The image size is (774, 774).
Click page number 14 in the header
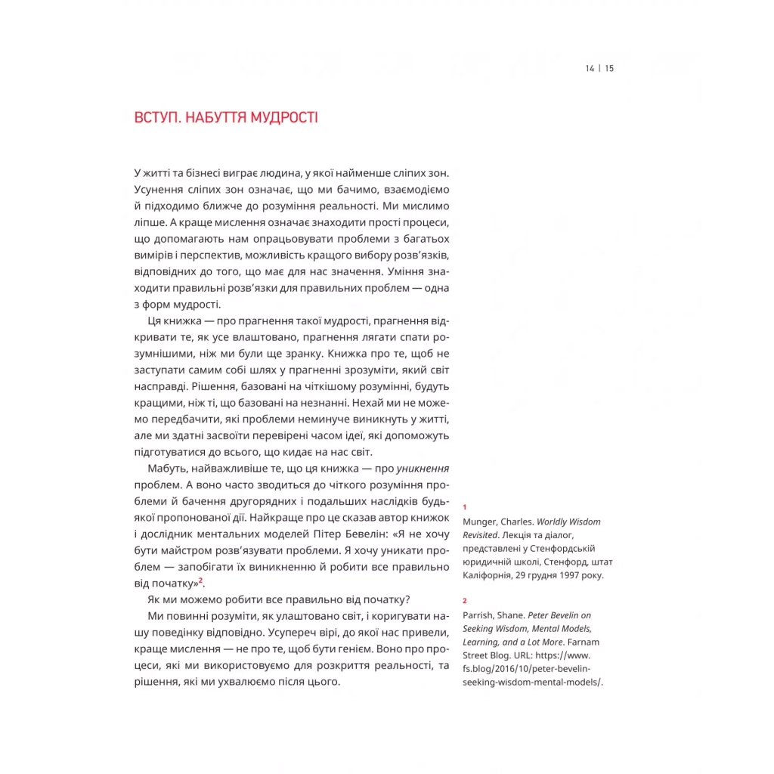click(590, 68)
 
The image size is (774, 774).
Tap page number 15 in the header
click(609, 68)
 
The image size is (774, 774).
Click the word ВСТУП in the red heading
click(156, 118)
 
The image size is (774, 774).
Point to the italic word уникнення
click(423, 468)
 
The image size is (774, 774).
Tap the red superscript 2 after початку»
click(201, 580)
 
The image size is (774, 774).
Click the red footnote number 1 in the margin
click(465, 506)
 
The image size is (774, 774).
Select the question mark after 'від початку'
click(408, 599)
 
